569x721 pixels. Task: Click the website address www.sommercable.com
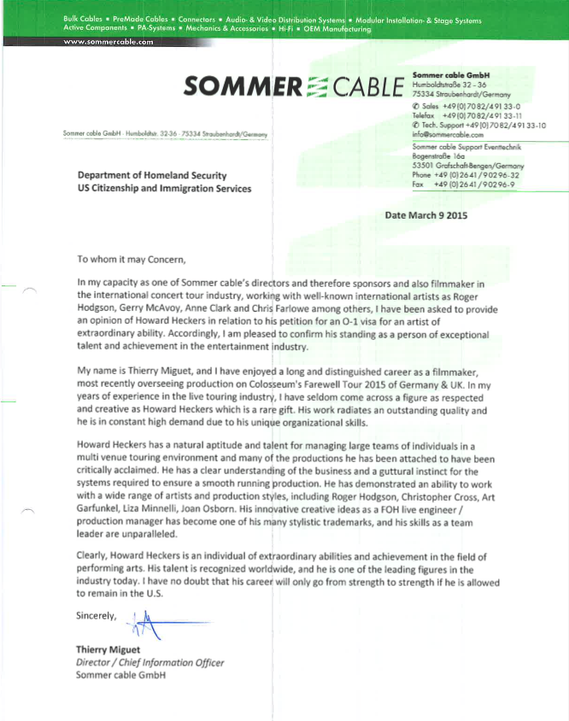click(x=109, y=41)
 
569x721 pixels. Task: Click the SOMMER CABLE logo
click(x=293, y=87)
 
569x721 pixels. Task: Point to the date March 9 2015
click(x=426, y=215)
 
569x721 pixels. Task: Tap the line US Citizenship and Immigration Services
click(x=164, y=188)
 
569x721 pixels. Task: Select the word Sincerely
click(x=96, y=614)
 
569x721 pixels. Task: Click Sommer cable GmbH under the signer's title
click(x=120, y=676)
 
